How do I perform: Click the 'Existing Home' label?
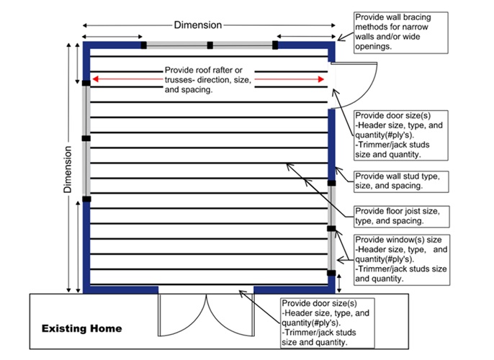coord(81,328)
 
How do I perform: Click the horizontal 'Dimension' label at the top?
coord(198,25)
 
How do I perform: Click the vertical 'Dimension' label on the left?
coord(68,169)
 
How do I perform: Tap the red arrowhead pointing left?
coord(96,79)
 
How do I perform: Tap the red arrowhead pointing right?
coord(321,79)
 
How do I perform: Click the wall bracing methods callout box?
coord(400,32)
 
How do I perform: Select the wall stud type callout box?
coord(401,181)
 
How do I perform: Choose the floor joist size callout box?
coord(401,217)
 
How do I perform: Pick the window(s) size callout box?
coord(402,260)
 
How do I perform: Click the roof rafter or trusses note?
coord(208,80)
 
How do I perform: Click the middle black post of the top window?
coord(210,45)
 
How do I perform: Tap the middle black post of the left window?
coord(86,138)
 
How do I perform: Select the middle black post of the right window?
coord(331,229)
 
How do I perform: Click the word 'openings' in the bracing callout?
coord(373,47)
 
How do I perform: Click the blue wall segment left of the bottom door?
coord(120,289)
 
